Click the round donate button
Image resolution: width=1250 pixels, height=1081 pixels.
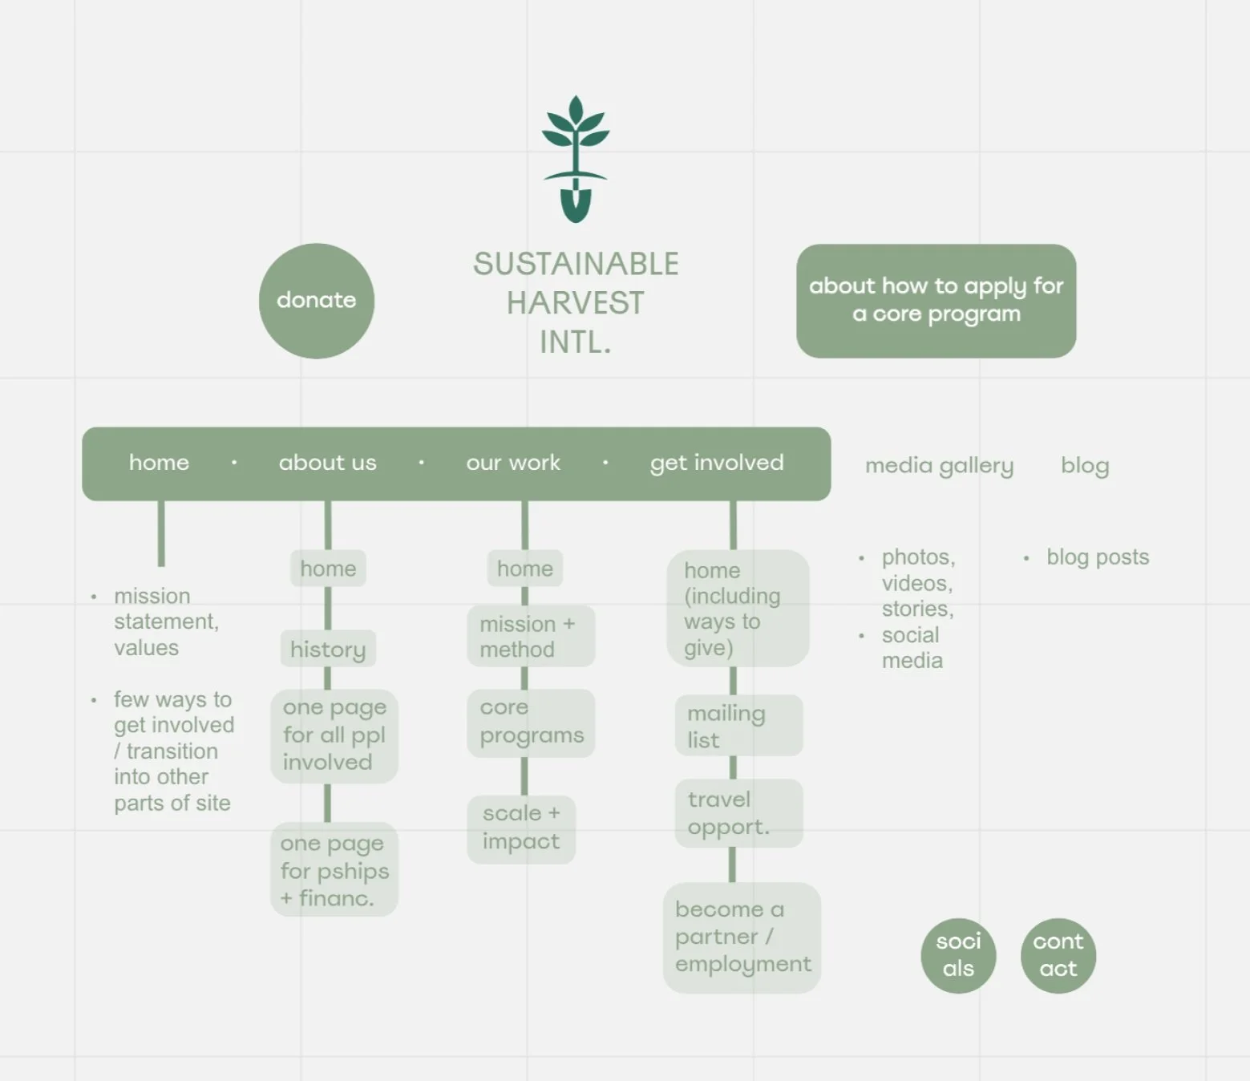tap(317, 301)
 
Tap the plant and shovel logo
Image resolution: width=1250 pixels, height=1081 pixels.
tap(575, 159)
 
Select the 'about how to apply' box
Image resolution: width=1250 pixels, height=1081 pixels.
tap(936, 301)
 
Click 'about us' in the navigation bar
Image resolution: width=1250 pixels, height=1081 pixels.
tap(327, 463)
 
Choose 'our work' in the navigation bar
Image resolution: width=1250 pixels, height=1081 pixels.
tap(513, 463)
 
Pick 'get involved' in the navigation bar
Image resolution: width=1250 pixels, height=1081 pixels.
tap(717, 463)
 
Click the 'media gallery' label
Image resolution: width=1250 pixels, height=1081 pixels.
tap(939, 466)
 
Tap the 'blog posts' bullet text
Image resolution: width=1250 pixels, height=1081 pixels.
tap(1097, 557)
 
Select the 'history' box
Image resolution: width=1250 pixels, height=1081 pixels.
tap(328, 649)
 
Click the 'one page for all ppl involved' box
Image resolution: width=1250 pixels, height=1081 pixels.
tap(334, 735)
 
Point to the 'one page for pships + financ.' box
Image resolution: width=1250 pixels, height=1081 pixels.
tap(334, 870)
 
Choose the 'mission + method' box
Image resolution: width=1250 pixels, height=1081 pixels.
tap(530, 637)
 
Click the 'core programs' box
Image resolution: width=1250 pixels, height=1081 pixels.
tap(531, 722)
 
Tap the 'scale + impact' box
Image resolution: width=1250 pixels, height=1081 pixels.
tap(521, 828)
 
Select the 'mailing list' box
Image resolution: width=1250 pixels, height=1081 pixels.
tap(738, 726)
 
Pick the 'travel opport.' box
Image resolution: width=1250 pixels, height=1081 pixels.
tap(738, 813)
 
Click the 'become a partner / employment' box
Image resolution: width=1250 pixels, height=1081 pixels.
tap(742, 937)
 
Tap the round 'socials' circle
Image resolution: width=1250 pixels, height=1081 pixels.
tap(958, 955)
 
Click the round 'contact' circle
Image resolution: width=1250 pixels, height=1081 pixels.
tap(1058, 955)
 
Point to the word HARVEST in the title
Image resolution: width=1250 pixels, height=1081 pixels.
tap(575, 303)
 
